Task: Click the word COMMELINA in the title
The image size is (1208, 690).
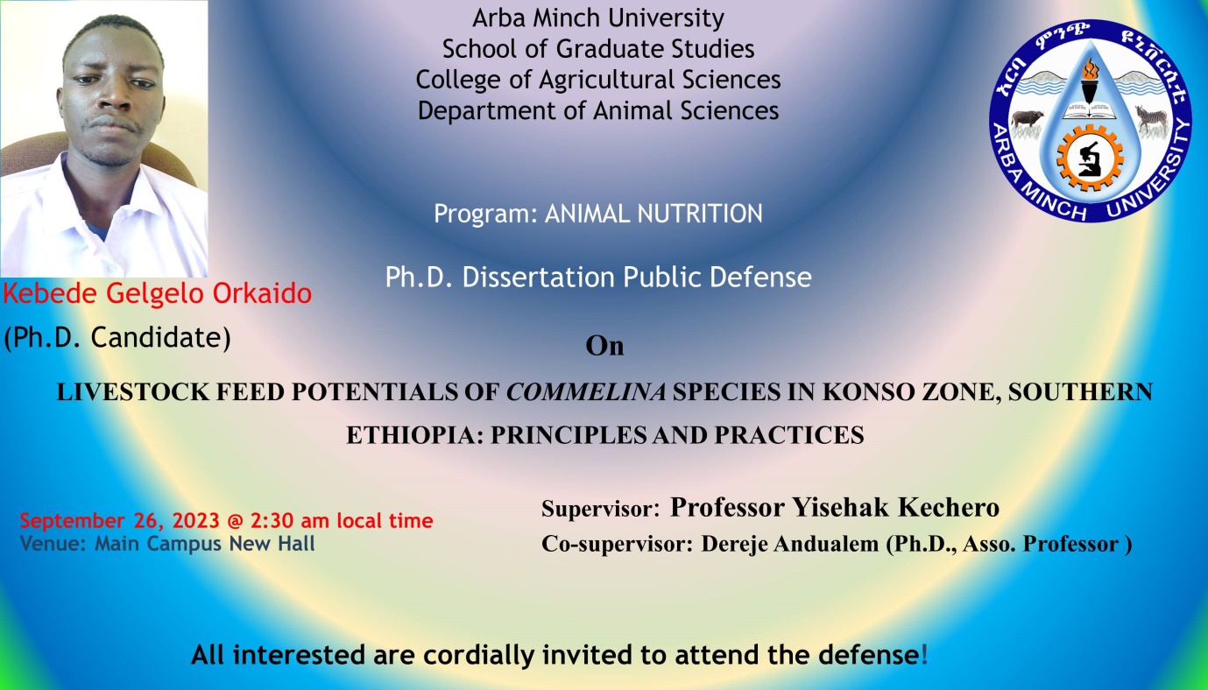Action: pos(586,392)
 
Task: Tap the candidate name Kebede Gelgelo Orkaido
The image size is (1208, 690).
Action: pos(158,293)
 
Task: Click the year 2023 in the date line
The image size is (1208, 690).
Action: pos(195,521)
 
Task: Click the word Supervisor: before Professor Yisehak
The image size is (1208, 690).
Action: pos(601,509)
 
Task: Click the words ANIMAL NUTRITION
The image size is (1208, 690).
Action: pos(653,214)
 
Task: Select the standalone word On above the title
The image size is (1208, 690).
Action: pos(604,346)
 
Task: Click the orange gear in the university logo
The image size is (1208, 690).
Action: pos(1090,158)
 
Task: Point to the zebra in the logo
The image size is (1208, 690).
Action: pos(1150,118)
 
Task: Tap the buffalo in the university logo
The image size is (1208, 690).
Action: pos(1028,121)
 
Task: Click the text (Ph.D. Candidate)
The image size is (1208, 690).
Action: pos(117,338)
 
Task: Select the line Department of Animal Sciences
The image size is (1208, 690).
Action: pos(598,110)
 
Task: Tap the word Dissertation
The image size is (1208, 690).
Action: pos(538,277)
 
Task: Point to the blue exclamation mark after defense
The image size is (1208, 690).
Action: pos(924,655)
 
